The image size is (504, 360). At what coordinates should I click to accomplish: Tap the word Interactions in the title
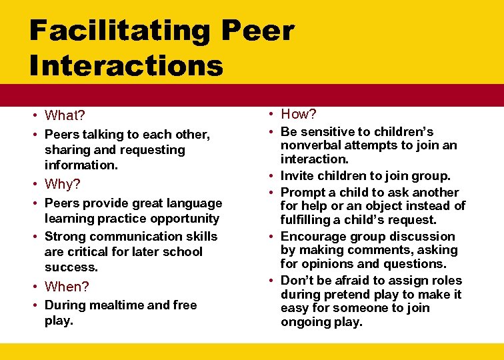click(x=126, y=65)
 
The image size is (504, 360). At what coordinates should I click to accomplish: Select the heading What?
click(x=65, y=116)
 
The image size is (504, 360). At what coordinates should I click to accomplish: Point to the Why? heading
click(x=62, y=184)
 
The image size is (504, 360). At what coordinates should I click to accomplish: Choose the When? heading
click(x=67, y=287)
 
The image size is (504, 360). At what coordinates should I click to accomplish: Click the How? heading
click(x=299, y=114)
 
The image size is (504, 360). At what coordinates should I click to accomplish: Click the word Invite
click(x=298, y=176)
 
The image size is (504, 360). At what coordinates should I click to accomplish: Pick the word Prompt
click(x=303, y=192)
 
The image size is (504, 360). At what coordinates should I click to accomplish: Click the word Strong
click(x=65, y=236)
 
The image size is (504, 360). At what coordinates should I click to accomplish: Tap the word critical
click(x=91, y=251)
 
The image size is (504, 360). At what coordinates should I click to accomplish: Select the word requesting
click(x=153, y=149)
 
